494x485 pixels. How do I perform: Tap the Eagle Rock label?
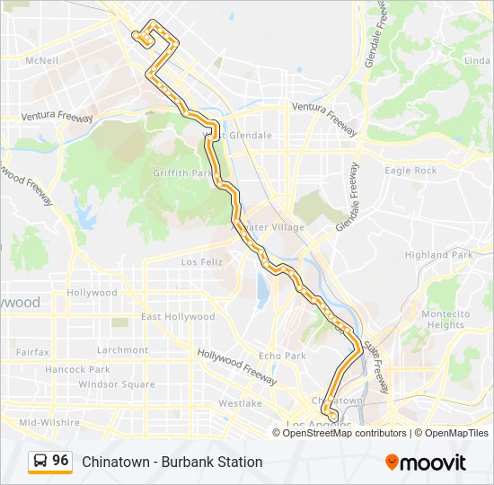click(410, 171)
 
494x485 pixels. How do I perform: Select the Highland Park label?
click(438, 255)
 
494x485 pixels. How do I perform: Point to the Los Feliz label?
click(200, 262)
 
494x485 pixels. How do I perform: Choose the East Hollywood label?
click(178, 316)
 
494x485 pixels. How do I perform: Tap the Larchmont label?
click(122, 350)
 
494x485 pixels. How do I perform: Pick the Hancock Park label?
click(77, 369)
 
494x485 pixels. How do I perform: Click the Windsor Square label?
click(117, 384)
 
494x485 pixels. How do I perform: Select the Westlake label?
click(240, 403)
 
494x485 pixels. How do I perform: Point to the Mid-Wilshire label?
click(50, 421)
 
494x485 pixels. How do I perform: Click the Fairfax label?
click(32, 352)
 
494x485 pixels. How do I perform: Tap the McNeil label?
click(41, 61)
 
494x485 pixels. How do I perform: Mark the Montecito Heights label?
click(445, 320)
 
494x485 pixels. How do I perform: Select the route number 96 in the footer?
click(60, 461)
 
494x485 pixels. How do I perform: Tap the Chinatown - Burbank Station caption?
click(172, 462)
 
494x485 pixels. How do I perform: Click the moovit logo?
click(426, 463)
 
